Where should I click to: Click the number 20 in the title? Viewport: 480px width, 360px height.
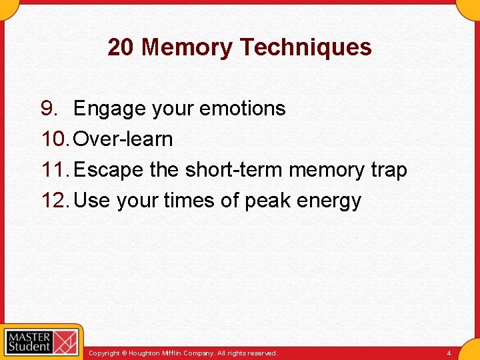tap(121, 47)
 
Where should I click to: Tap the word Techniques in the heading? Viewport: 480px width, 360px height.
tap(305, 47)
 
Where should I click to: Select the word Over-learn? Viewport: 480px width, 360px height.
tap(123, 139)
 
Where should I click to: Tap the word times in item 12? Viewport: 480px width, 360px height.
tap(191, 201)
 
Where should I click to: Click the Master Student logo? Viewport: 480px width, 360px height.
tap(41, 343)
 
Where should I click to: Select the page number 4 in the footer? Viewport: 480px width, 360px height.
tap(449, 353)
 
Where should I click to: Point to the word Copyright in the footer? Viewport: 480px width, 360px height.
tap(105, 353)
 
